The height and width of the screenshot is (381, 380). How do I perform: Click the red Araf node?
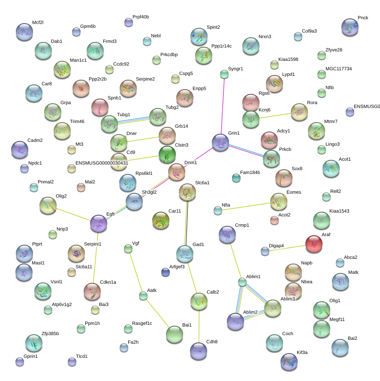coord(314,244)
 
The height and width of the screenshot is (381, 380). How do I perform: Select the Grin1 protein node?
coord(220,142)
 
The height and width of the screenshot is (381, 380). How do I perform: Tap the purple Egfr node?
coord(99,223)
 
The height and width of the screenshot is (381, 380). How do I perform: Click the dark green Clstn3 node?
coord(167,154)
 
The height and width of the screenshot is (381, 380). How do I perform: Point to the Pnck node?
coord(350,27)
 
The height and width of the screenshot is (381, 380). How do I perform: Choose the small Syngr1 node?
coord(224,74)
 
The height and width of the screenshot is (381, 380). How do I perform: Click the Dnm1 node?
coord(177,172)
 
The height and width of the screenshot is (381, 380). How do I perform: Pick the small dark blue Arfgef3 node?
coord(166,272)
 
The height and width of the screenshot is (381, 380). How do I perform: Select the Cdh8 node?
coord(199,351)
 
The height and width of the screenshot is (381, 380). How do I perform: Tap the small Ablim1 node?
coord(242,282)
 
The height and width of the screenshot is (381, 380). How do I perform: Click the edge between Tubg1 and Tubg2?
coord(133,120)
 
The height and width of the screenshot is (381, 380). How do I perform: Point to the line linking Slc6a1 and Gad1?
coord(186,223)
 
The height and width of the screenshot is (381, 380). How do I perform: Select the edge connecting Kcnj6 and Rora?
coord(275,115)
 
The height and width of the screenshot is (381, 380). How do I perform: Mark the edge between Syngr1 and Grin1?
coord(223,106)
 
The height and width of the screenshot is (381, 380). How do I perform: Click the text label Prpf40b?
coord(141,17)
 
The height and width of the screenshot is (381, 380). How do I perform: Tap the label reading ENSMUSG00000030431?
coord(102,163)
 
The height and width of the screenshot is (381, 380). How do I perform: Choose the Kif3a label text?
coord(302,352)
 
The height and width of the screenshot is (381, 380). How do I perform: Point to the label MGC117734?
coord(339,69)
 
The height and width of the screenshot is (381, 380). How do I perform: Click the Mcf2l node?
coord(24,32)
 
